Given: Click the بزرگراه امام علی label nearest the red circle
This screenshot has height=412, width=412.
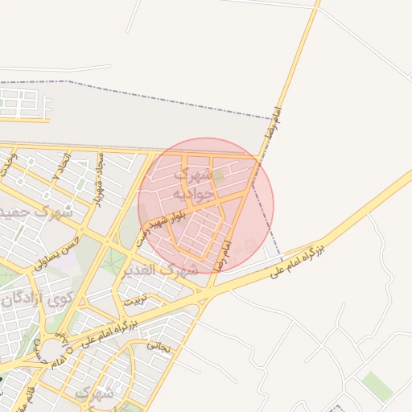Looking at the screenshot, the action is tap(295, 257).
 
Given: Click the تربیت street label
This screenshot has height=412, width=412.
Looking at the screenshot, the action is tap(135, 299).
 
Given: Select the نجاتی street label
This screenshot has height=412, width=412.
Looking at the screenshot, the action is tap(159, 346).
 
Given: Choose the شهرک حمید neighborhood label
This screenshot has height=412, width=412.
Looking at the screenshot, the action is tap(36, 213).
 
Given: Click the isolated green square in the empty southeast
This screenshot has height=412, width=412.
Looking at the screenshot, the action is tap(377, 386).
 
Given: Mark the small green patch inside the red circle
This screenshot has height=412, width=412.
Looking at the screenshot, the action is tap(218, 174).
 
